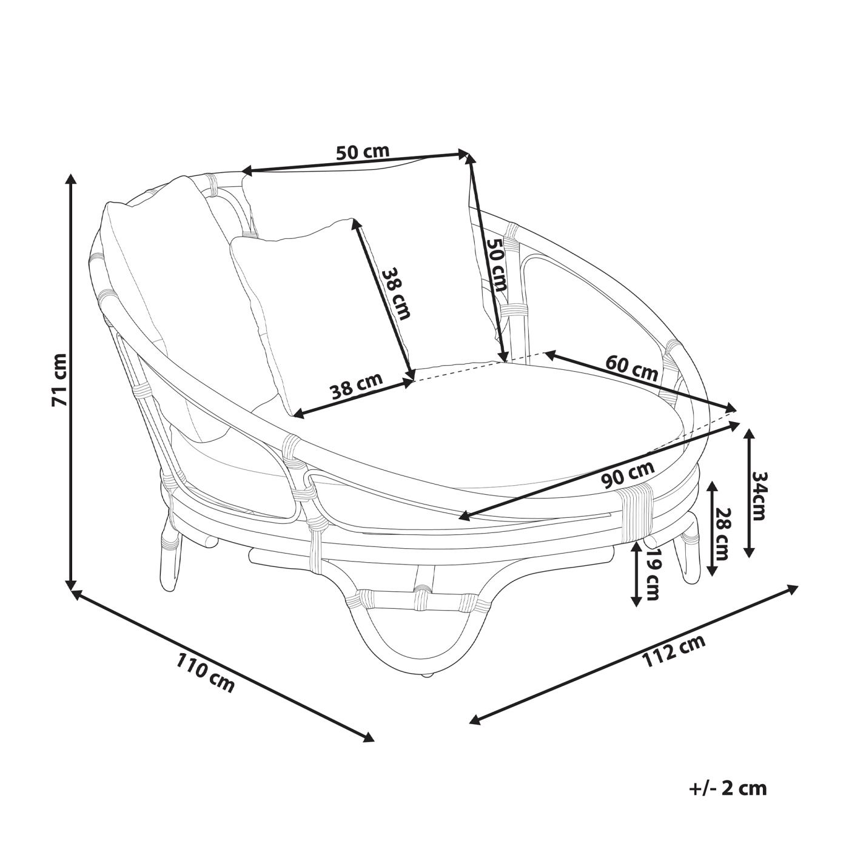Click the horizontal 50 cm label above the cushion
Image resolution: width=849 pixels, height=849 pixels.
pyautogui.click(x=363, y=152)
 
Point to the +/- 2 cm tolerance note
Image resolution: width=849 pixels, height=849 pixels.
pyautogui.click(x=728, y=788)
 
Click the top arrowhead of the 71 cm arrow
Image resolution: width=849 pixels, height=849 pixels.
pyautogui.click(x=72, y=179)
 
